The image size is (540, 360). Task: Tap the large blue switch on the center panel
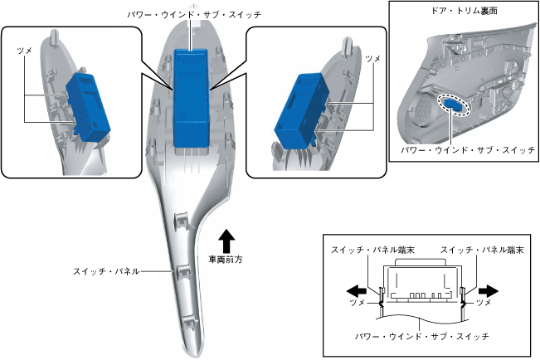(193, 95)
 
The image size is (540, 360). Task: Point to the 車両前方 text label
(225, 259)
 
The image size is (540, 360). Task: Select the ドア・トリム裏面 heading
(457, 12)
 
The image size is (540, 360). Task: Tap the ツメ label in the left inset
(25, 51)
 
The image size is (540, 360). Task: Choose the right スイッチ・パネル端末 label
(481, 250)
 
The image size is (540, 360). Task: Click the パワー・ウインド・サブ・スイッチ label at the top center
(192, 15)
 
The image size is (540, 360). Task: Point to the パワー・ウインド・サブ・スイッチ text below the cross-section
(422, 336)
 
